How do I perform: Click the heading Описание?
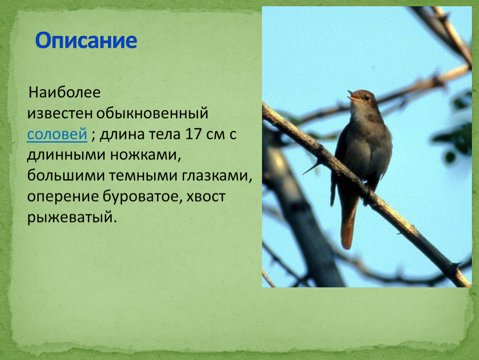(86, 41)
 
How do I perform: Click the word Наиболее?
(65, 92)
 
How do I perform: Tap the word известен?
(60, 113)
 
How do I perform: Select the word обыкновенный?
(152, 113)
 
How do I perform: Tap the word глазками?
(217, 176)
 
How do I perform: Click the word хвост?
(206, 197)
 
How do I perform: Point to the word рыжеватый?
(72, 217)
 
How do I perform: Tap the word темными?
(143, 176)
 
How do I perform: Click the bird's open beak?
(354, 96)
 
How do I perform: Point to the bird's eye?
(366, 98)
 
